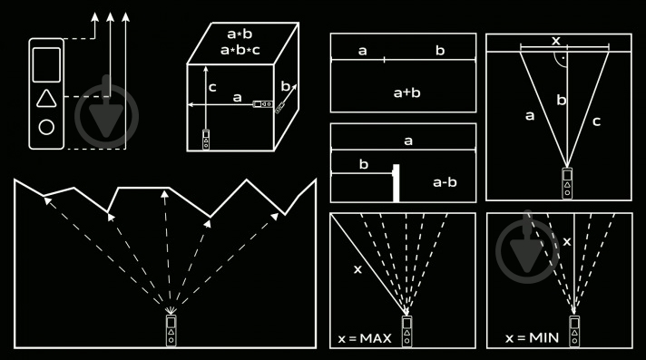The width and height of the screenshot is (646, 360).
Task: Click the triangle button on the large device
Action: point(46,99)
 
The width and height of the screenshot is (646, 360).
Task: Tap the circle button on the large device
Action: point(46,127)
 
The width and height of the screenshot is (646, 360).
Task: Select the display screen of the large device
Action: point(46,64)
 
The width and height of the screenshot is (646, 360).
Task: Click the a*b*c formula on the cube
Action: point(240,50)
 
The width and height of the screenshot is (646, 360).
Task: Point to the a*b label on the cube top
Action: point(240,34)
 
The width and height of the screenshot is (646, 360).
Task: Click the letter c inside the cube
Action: point(212,87)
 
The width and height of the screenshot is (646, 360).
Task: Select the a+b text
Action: point(407,92)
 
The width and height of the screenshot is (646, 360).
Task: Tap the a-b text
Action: point(445,182)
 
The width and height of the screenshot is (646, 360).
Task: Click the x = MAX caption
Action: point(365,338)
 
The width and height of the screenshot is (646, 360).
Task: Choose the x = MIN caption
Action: point(532,338)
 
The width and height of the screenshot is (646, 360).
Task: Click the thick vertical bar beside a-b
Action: point(396,183)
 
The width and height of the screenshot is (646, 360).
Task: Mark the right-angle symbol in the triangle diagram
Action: point(561,59)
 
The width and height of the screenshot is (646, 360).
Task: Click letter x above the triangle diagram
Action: point(556,41)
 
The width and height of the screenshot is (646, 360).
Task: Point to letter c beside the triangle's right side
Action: point(596,122)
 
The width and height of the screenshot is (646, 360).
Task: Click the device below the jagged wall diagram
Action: point(171,330)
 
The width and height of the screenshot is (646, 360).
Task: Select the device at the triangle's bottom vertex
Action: point(567,183)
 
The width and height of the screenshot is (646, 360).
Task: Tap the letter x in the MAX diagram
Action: point(357,269)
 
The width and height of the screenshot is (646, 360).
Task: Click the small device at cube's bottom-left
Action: point(206,140)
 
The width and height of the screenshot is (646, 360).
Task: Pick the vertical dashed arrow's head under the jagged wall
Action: point(165,193)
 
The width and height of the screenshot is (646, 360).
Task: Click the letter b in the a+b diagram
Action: point(440,50)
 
